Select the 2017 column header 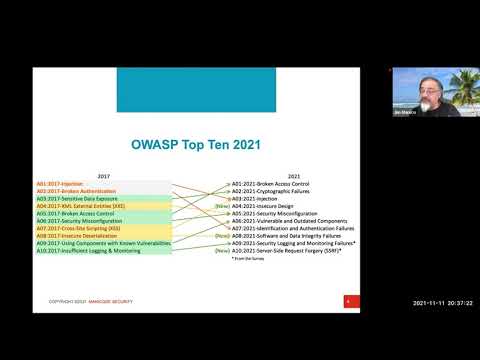coord(103,175)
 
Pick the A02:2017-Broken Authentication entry coord(76,191)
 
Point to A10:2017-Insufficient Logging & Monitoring coord(90,250)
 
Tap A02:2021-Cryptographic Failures coord(271,191)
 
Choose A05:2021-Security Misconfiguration coord(275,213)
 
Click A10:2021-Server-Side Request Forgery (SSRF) coord(286,250)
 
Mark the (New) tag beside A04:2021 coord(222,206)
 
